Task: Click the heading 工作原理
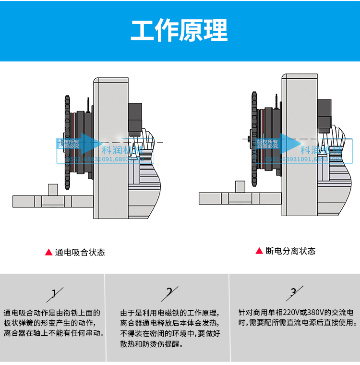pos(180,31)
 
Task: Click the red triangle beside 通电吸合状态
pos(48,252)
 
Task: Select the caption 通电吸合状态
pos(80,252)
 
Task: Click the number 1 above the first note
pos(54,293)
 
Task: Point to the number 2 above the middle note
pos(169,292)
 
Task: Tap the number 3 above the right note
pos(294,292)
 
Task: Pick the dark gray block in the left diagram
pos(135,118)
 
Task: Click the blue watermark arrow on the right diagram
pos(289,143)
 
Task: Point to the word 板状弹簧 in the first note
pos(16,323)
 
